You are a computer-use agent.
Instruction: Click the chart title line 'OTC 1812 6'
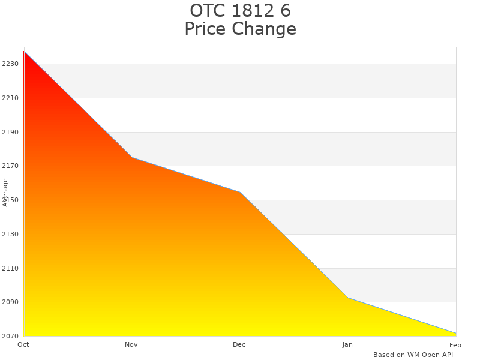click(x=240, y=11)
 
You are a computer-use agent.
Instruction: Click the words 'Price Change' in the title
click(x=240, y=29)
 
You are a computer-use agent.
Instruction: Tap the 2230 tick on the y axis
click(x=10, y=64)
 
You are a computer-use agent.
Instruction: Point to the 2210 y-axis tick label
click(x=10, y=98)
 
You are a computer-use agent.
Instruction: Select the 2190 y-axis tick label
click(x=10, y=132)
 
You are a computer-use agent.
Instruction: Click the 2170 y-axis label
click(x=10, y=166)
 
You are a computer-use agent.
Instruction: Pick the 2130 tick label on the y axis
click(x=10, y=234)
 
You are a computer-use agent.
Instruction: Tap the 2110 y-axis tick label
click(x=10, y=268)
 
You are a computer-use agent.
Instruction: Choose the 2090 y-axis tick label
click(x=10, y=302)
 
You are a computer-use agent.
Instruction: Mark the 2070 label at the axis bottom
click(x=10, y=336)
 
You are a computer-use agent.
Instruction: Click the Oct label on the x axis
click(x=23, y=344)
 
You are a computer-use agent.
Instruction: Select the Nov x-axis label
click(x=131, y=344)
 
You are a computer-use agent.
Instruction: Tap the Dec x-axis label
click(x=239, y=344)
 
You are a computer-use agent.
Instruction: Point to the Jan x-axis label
click(x=347, y=344)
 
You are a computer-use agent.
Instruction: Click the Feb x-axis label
click(x=455, y=344)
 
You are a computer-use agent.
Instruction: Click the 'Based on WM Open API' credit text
click(x=413, y=355)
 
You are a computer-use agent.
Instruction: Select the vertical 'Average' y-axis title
click(x=5, y=192)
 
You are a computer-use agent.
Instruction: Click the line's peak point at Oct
click(x=24, y=52)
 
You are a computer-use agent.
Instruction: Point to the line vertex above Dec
click(x=240, y=192)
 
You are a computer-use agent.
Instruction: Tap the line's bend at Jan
click(x=348, y=298)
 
